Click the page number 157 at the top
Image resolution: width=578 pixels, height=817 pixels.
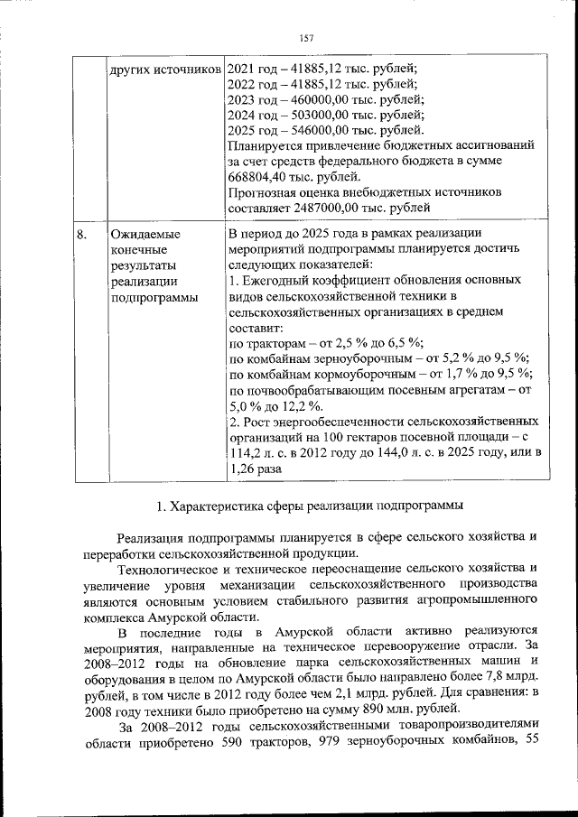pyautogui.click(x=305, y=37)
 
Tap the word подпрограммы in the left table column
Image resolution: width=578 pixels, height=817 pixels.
pyautogui.click(x=154, y=299)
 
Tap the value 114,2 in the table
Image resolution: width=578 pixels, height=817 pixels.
pyautogui.click(x=246, y=454)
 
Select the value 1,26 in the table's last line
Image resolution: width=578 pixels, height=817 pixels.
pyautogui.click(x=242, y=470)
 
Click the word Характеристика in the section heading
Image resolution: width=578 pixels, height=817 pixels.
pyautogui.click(x=220, y=504)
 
